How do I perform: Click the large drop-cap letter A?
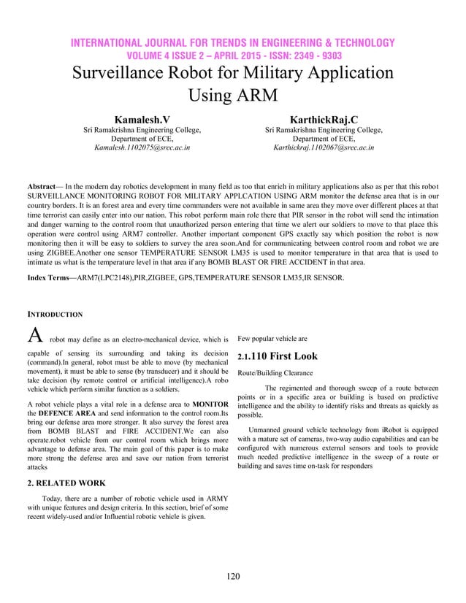34,337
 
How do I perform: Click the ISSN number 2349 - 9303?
310,56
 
